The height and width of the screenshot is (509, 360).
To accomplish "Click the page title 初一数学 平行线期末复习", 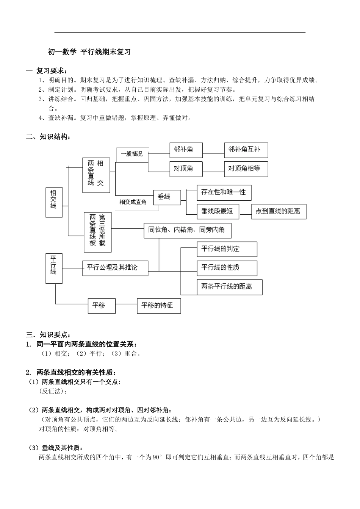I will pyautogui.click(x=89, y=52).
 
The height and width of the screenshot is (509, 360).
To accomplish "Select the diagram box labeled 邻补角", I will pyautogui.click(x=186, y=150).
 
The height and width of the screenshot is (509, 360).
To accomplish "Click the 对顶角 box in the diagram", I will pyautogui.click(x=186, y=168).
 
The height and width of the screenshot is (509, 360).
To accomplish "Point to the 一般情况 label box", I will pyautogui.click(x=132, y=154).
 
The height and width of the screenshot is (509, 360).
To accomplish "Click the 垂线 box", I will pyautogui.click(x=167, y=197).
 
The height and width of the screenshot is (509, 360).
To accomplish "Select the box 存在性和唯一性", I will pyautogui.click(x=224, y=192).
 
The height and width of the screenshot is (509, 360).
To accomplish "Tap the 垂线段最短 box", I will pyautogui.click(x=218, y=211).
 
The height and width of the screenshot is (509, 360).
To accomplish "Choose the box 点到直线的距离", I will pyautogui.click(x=279, y=211).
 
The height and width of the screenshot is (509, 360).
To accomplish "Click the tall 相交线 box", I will pyautogui.click(x=53, y=201).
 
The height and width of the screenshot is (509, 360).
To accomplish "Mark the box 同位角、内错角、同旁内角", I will pyautogui.click(x=187, y=230).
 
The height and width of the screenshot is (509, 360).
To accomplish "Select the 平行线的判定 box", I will pyautogui.click(x=227, y=249).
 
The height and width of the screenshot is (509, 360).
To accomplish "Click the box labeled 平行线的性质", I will pyautogui.click(x=227, y=268).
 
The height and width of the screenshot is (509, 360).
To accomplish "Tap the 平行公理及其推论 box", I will pyautogui.click(x=115, y=268).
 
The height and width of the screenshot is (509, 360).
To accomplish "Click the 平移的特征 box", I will pyautogui.click(x=159, y=305).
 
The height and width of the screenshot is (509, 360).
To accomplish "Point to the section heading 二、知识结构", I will pyautogui.click(x=48, y=137).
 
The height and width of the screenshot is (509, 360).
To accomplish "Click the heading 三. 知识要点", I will pyautogui.click(x=48, y=335).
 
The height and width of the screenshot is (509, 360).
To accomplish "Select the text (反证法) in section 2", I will pyautogui.click(x=53, y=390).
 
